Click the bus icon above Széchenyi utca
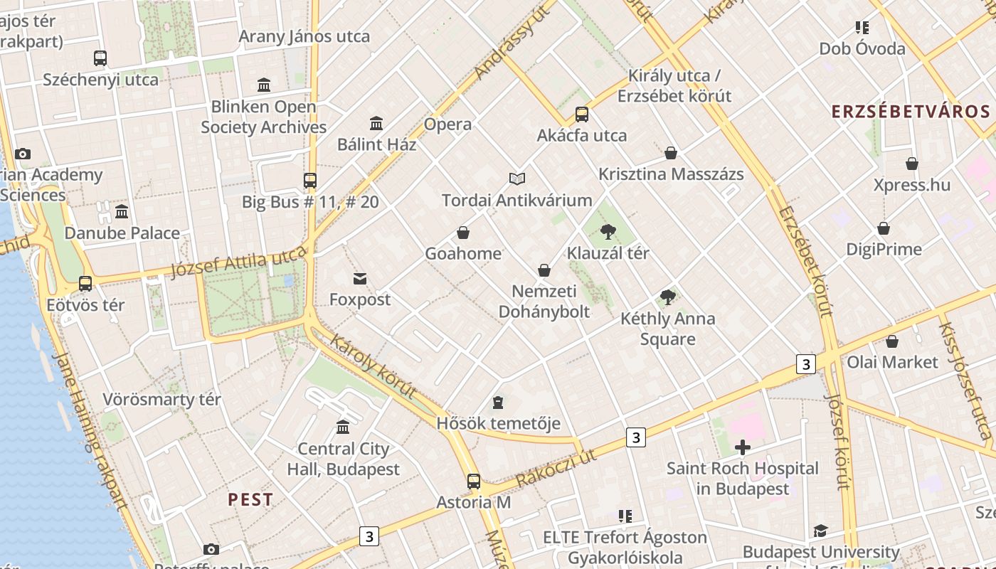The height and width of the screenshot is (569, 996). (100, 58)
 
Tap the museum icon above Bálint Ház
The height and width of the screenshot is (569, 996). (376, 124)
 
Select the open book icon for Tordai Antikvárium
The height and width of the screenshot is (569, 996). (517, 179)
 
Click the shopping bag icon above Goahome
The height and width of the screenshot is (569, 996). (463, 233)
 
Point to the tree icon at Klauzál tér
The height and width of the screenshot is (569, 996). (608, 231)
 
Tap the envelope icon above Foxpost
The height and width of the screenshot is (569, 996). (360, 279)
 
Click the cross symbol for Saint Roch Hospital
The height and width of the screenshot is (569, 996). (743, 447)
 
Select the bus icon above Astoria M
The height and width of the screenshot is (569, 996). (474, 482)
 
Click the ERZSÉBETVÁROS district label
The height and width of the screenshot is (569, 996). (911, 112)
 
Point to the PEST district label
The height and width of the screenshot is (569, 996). (250, 499)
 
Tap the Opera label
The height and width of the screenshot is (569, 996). (447, 124)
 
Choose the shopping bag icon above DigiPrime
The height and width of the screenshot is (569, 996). (884, 228)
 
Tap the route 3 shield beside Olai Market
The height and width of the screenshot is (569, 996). (805, 364)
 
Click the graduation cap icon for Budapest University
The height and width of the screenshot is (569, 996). (820, 531)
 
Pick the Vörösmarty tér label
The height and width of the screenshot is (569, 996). (162, 399)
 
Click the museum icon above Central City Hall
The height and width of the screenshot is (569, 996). (343, 427)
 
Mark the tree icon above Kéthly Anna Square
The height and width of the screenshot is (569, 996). (667, 297)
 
